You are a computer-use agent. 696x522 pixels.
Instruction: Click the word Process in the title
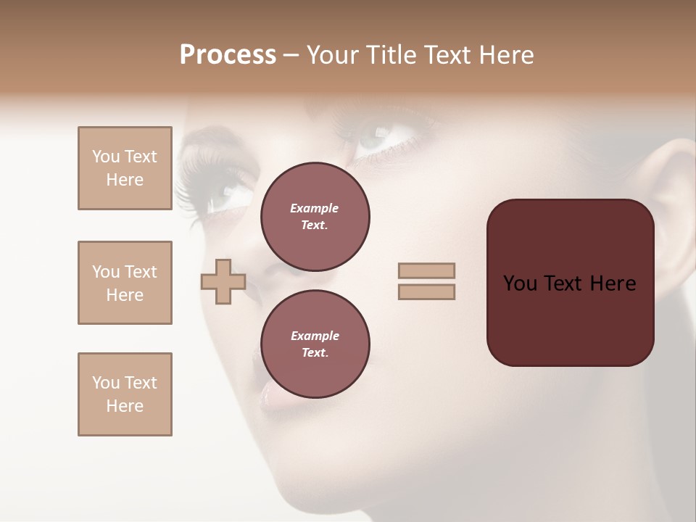[228, 55]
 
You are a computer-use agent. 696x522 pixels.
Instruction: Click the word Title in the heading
[389, 55]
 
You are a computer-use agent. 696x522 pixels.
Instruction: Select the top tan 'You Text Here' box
[125, 168]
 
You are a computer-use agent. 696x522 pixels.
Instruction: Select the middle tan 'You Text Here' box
[125, 283]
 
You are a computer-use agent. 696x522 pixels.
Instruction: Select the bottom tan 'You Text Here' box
[125, 394]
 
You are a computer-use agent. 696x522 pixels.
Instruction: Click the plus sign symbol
[223, 282]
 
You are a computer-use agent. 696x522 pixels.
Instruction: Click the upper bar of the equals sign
[426, 270]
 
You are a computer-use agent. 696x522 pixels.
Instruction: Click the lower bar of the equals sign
[426, 292]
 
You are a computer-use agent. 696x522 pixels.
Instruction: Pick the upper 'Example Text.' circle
[315, 217]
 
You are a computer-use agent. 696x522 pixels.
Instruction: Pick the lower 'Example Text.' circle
[315, 344]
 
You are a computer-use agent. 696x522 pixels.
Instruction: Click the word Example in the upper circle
[314, 208]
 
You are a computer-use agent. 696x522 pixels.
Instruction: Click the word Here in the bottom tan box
[125, 406]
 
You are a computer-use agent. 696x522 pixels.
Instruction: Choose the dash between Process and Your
[291, 56]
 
